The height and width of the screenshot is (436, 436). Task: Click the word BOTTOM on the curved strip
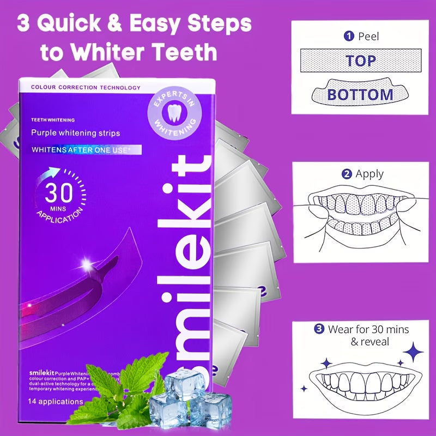pyautogui.click(x=360, y=94)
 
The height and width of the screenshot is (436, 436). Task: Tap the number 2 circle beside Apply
pyautogui.click(x=346, y=174)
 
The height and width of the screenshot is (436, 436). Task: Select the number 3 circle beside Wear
pyautogui.click(x=320, y=330)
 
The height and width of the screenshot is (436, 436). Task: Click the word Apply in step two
pyautogui.click(x=370, y=174)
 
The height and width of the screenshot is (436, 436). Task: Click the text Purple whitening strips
pyautogui.click(x=75, y=132)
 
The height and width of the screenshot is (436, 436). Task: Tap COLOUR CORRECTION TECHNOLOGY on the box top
pyautogui.click(x=86, y=88)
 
